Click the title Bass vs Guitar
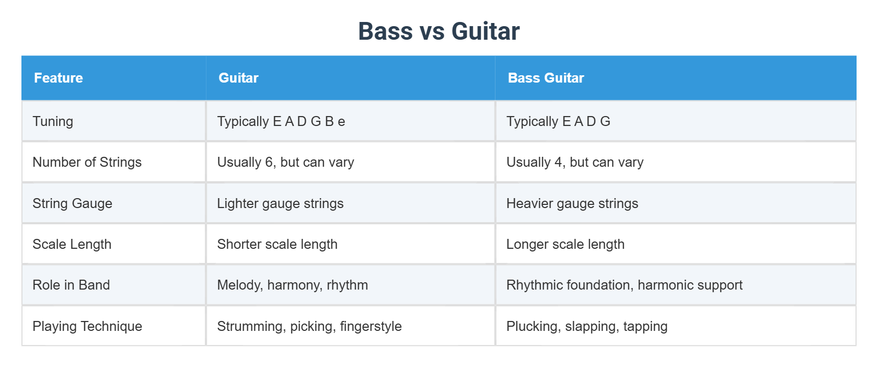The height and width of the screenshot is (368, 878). pos(438,31)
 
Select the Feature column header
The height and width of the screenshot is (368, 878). pos(59,78)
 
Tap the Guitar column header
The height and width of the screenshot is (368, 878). pos(238,78)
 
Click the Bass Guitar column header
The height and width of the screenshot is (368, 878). pos(546,78)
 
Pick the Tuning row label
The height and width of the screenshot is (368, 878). pos(53,121)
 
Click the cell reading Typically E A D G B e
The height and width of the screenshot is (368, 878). pos(281,121)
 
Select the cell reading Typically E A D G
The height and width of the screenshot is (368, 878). pos(558,121)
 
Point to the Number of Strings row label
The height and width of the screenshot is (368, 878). pos(87,162)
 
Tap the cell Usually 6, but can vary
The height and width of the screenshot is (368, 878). pos(285,162)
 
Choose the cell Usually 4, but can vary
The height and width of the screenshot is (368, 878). pos(575,162)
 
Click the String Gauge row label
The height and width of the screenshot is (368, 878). pos(72,203)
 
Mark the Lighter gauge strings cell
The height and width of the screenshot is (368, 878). pos(280,203)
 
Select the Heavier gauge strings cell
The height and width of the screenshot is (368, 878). pos(572,203)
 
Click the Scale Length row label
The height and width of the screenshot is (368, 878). pos(72,244)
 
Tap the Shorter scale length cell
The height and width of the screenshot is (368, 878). pos(277,244)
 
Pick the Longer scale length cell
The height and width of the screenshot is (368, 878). pos(565,244)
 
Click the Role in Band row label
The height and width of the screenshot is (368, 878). pos(71,285)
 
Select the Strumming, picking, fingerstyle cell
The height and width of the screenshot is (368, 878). pos(309,326)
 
